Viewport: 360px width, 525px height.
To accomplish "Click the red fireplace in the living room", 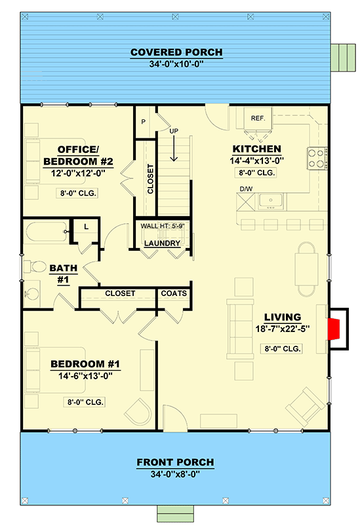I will click(333, 327).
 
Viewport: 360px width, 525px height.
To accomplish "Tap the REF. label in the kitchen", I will click(257, 118).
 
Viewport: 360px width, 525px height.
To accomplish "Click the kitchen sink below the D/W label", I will click(269, 201).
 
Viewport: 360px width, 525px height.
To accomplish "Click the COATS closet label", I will click(174, 293).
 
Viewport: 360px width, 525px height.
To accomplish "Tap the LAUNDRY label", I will click(162, 243).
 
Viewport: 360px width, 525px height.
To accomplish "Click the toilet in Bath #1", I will click(32, 267).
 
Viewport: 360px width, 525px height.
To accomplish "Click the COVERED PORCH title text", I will click(176, 52).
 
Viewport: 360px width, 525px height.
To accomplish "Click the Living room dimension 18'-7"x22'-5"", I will click(283, 329).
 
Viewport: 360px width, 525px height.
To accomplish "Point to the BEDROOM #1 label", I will click(85, 364).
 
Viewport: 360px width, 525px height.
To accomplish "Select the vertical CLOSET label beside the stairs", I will click(150, 179).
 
